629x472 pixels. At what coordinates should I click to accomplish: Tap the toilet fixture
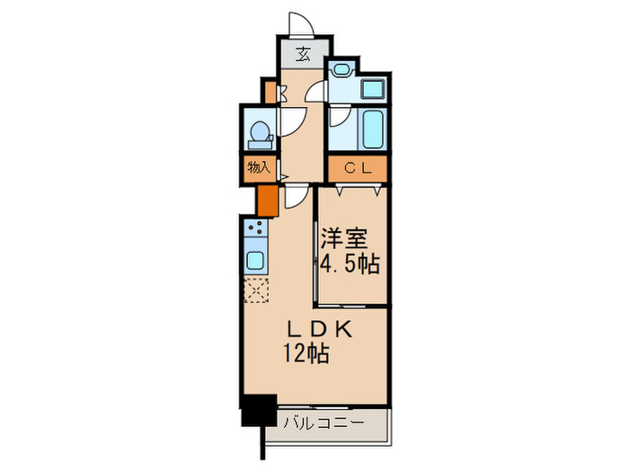point(259,133)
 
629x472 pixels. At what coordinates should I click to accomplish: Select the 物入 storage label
point(258,167)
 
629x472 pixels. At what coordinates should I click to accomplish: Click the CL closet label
point(359,168)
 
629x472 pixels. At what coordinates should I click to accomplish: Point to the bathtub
point(370,129)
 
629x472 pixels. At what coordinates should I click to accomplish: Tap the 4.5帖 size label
point(350,264)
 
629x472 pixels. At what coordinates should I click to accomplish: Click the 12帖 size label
point(307,352)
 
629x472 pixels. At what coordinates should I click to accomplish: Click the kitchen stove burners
point(254,228)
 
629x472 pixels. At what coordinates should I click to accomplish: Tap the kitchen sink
point(255,262)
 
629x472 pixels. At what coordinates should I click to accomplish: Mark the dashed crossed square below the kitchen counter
point(256,290)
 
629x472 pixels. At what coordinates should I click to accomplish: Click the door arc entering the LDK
point(295,197)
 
